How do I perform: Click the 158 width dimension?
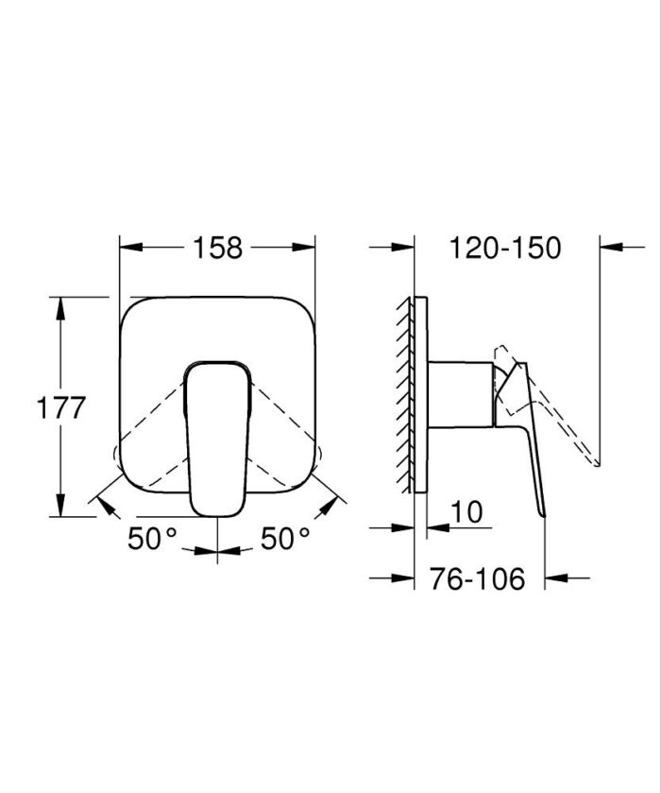218,248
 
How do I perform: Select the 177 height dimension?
61,408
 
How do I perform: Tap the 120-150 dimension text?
505,248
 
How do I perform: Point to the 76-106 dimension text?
478,578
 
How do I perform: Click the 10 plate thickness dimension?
466,511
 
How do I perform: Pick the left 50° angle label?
153,539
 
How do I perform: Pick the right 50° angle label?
285,539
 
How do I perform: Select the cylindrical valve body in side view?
459,391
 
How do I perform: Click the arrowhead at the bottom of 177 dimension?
61,509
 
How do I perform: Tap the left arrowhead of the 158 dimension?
129,248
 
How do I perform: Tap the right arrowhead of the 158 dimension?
306,248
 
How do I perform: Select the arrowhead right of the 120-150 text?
610,248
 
